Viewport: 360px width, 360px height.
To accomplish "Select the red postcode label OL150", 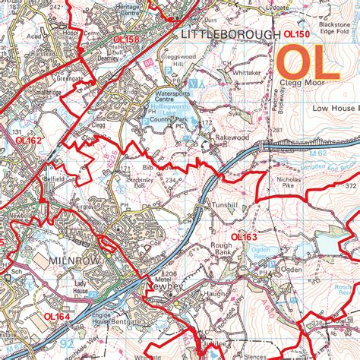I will (297, 35).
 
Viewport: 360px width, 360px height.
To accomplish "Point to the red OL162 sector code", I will (28, 141).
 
